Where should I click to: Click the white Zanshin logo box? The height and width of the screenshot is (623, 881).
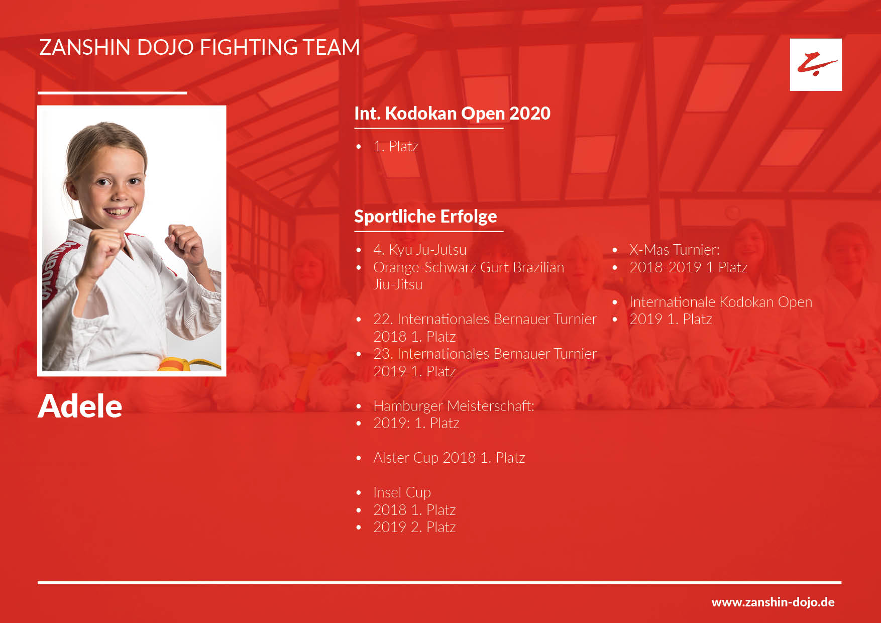(x=816, y=65)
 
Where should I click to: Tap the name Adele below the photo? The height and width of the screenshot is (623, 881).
(x=80, y=406)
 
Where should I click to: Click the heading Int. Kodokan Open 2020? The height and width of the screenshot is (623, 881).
(x=452, y=114)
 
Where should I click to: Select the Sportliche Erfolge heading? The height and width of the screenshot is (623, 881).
(x=425, y=217)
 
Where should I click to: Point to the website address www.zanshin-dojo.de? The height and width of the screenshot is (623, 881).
(x=773, y=602)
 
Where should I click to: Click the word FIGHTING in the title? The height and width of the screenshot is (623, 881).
(x=249, y=47)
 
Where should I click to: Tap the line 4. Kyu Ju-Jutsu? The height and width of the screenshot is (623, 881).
(x=420, y=250)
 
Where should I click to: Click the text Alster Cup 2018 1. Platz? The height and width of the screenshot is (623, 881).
(x=449, y=458)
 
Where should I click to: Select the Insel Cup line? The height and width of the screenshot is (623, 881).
(x=402, y=492)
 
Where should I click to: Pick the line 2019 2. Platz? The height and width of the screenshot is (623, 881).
(x=414, y=527)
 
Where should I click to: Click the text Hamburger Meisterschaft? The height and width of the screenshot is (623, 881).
(x=454, y=406)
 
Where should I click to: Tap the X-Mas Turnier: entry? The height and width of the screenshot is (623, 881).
(x=674, y=250)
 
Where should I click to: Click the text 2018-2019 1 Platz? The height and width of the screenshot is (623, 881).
(x=688, y=267)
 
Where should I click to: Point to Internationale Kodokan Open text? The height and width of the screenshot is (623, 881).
(x=720, y=302)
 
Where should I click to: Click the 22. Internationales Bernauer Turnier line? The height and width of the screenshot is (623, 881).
(x=485, y=319)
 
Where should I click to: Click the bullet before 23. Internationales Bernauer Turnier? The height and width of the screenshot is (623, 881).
(x=359, y=354)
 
